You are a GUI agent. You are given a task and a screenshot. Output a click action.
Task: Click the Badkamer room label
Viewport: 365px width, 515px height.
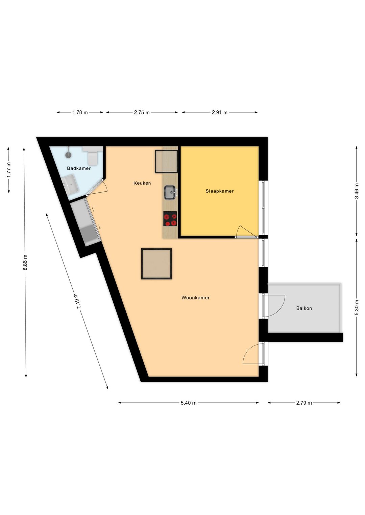click(x=79, y=168)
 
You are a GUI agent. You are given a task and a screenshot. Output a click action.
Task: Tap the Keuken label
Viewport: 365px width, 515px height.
click(x=142, y=183)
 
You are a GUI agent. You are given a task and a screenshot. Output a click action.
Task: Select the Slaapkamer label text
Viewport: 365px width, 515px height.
click(x=219, y=191)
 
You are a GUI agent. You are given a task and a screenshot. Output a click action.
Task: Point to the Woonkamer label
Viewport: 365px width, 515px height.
click(x=195, y=298)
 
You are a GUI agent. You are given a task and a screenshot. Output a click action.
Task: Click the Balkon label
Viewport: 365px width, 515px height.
click(x=304, y=308)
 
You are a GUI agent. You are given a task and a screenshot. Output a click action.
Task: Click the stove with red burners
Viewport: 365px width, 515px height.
click(x=170, y=218)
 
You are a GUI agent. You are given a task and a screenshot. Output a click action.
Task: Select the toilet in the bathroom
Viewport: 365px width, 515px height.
click(x=93, y=156)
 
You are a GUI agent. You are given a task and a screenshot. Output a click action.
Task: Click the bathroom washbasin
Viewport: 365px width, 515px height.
click(x=71, y=183)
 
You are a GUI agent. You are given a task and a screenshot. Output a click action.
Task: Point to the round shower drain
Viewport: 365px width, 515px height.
click(x=68, y=155)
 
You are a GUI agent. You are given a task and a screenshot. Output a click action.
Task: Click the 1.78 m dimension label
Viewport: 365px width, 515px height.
click(x=80, y=112)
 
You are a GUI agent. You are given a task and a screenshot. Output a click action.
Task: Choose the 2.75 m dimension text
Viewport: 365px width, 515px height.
click(x=142, y=112)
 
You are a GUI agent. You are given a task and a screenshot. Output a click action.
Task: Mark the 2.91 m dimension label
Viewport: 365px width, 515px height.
click(x=219, y=112)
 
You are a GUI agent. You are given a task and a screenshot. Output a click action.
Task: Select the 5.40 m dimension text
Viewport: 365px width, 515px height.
click(x=189, y=403)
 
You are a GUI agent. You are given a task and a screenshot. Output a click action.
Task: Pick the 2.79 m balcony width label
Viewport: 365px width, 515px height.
click(x=304, y=403)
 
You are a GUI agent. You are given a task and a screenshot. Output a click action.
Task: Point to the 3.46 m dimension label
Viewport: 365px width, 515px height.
click(x=357, y=191)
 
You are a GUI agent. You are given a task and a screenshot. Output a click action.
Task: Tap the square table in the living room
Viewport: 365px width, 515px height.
click(x=156, y=264)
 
